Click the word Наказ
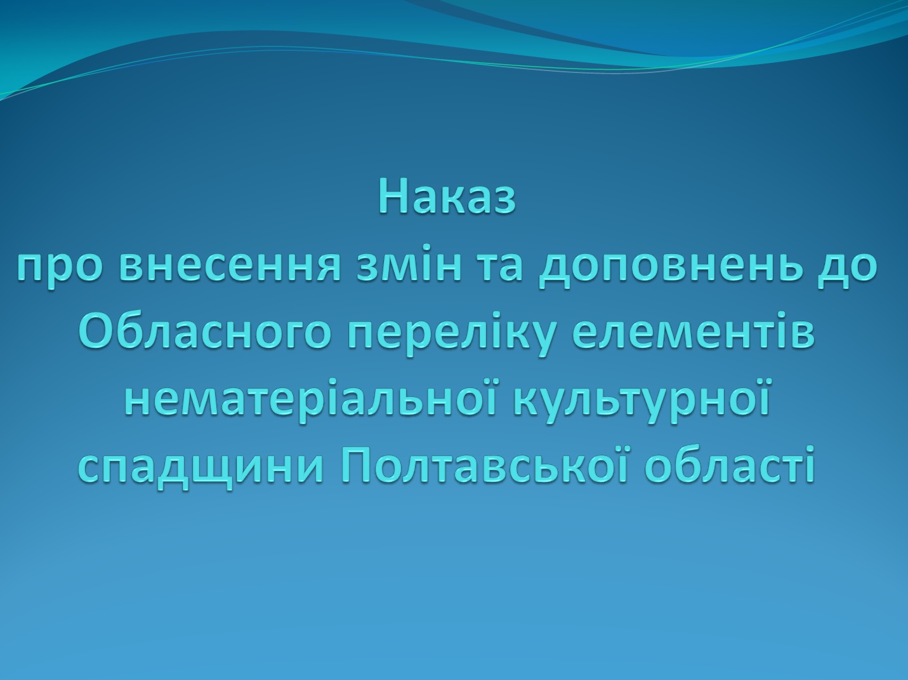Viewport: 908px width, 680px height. pos(447,197)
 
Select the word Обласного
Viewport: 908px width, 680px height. pos(205,333)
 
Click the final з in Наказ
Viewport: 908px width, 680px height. pos(505,201)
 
